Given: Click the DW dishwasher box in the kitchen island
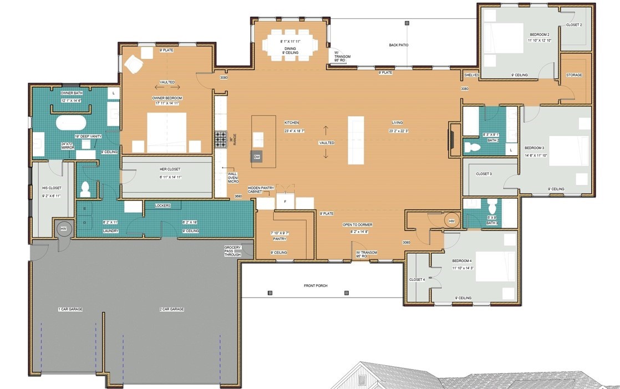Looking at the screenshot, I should pyautogui.click(x=257, y=157).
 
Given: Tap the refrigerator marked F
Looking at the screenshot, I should pyautogui.click(x=285, y=202).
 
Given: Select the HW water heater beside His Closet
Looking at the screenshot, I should pyautogui.click(x=63, y=228).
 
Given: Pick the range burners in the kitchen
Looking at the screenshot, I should pyautogui.click(x=221, y=139).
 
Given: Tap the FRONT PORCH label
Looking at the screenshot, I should pyautogui.click(x=316, y=286).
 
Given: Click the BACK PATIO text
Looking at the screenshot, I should pyautogui.click(x=399, y=45).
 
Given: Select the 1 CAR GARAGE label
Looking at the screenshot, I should pyautogui.click(x=70, y=309).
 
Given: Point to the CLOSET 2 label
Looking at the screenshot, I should pyautogui.click(x=574, y=25).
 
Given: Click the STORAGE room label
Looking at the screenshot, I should pyautogui.click(x=574, y=75).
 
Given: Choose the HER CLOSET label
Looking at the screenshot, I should pyautogui.click(x=170, y=169).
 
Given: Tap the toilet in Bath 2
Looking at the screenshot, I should pyautogui.click(x=473, y=147).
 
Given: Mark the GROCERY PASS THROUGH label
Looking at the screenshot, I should pyautogui.click(x=232, y=252).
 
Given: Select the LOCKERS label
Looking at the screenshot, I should pyautogui.click(x=163, y=206).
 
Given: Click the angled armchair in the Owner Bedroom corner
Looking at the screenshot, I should pyautogui.click(x=133, y=65).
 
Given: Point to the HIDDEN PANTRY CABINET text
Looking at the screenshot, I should pyautogui.click(x=261, y=190).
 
